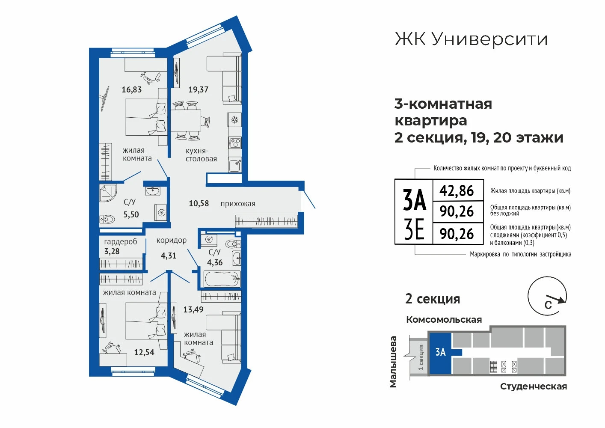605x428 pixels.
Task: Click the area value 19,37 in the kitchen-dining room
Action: coord(198,89)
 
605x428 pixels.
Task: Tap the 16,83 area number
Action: coord(131,89)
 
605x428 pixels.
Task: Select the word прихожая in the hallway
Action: coord(238,204)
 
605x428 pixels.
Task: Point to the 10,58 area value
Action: coord(199,203)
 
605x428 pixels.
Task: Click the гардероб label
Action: coord(121,241)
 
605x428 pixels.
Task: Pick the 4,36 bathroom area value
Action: coord(215,262)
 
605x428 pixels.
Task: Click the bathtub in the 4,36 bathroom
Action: coord(222,279)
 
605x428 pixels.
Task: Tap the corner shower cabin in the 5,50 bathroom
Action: coord(108,193)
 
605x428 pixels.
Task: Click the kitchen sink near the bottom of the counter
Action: coord(235,165)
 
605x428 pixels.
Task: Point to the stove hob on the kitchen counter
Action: coord(235,143)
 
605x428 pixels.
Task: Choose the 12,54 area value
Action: coord(144,352)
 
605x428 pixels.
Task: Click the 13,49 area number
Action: coord(193,309)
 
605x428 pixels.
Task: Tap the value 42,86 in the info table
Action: coord(457,191)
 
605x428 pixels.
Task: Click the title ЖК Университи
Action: coord(472,39)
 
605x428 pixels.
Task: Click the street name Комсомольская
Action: coord(444,320)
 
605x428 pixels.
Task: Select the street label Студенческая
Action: coord(534,386)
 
